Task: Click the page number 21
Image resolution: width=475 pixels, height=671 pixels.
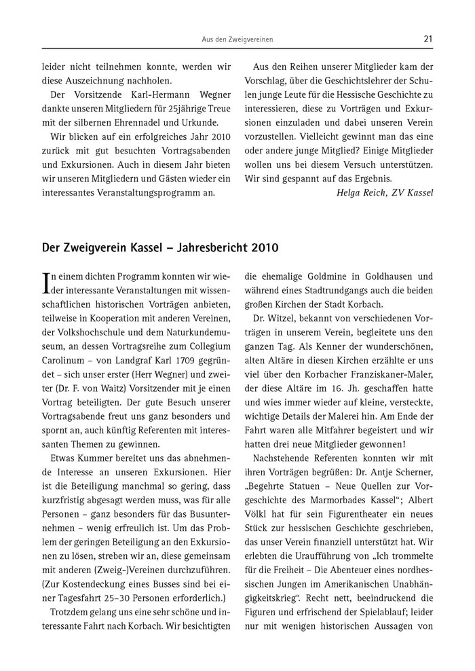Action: coord(427,39)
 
